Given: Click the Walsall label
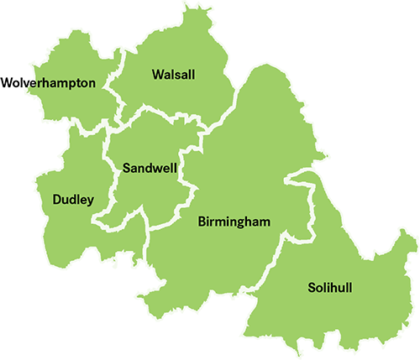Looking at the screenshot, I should (173, 75).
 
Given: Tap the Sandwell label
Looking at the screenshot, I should (149, 168).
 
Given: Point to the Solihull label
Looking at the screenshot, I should (329, 288).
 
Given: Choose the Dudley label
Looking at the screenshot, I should (72, 200).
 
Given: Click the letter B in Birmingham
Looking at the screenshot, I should (202, 222).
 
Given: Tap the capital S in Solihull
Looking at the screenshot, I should (309, 288).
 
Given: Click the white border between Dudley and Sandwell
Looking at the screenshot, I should (108, 180).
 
